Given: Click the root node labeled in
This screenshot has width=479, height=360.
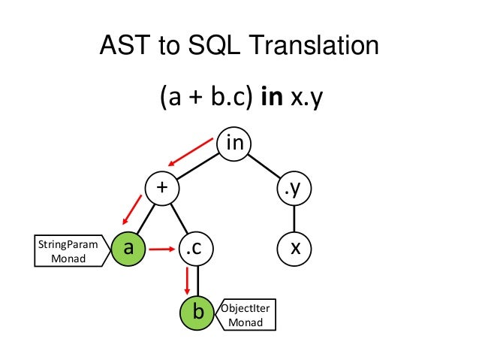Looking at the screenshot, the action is tap(234, 143).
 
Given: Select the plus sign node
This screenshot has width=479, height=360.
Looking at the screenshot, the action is tap(160, 187).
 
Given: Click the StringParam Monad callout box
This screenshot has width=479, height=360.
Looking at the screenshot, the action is tap(66, 251).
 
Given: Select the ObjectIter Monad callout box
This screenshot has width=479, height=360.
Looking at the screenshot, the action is tap(245, 316).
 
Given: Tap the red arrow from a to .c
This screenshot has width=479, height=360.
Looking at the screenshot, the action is tap(161, 247).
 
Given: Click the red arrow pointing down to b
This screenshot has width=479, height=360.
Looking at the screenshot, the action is tap(187, 280).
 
